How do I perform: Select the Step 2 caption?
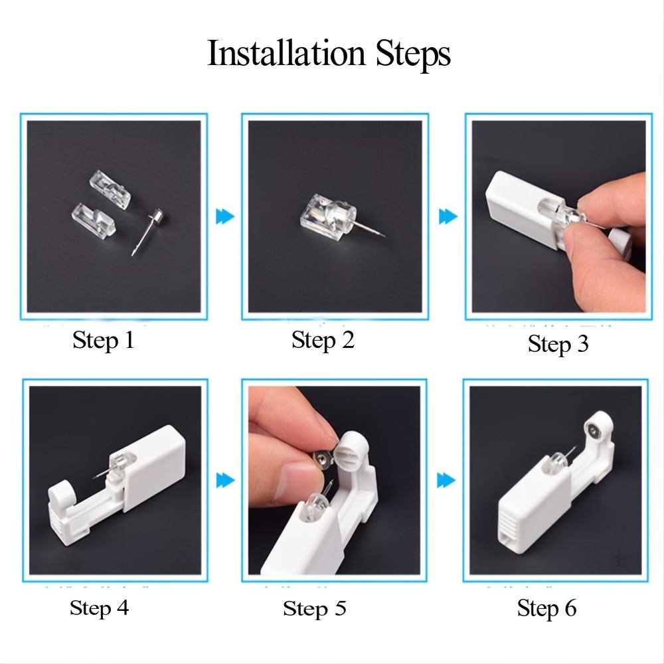point(323,340)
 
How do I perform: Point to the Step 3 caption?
point(558,344)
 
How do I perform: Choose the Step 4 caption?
point(100,608)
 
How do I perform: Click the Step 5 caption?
point(315,608)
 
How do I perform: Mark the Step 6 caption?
point(547,608)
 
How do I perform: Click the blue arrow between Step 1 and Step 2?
point(226,215)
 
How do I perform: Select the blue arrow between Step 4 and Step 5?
point(226,480)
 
